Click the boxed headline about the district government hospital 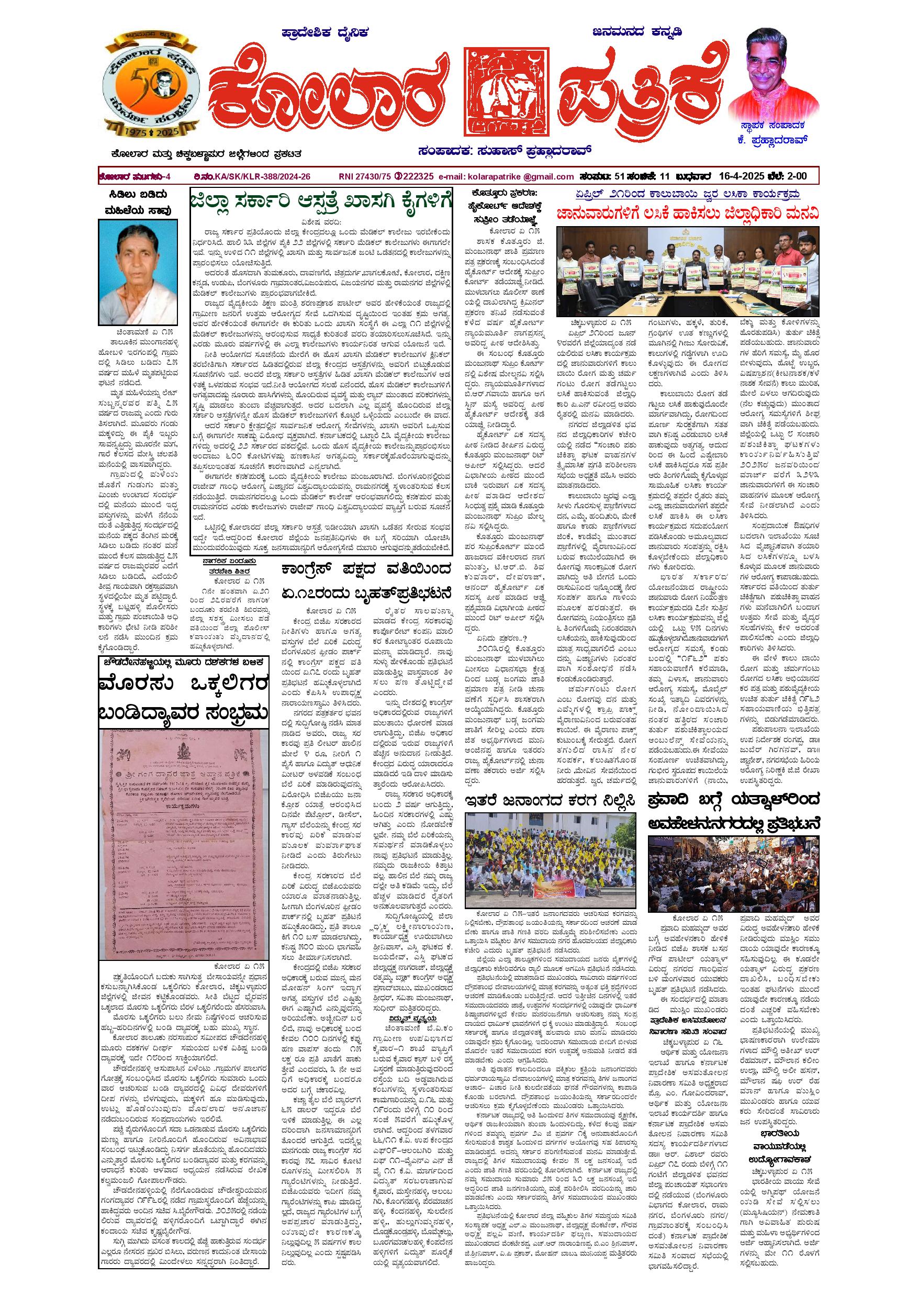coord(321,203)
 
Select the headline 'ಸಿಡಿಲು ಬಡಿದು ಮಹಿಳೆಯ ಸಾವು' coord(134,203)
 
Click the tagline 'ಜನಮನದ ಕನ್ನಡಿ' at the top coord(637,32)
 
